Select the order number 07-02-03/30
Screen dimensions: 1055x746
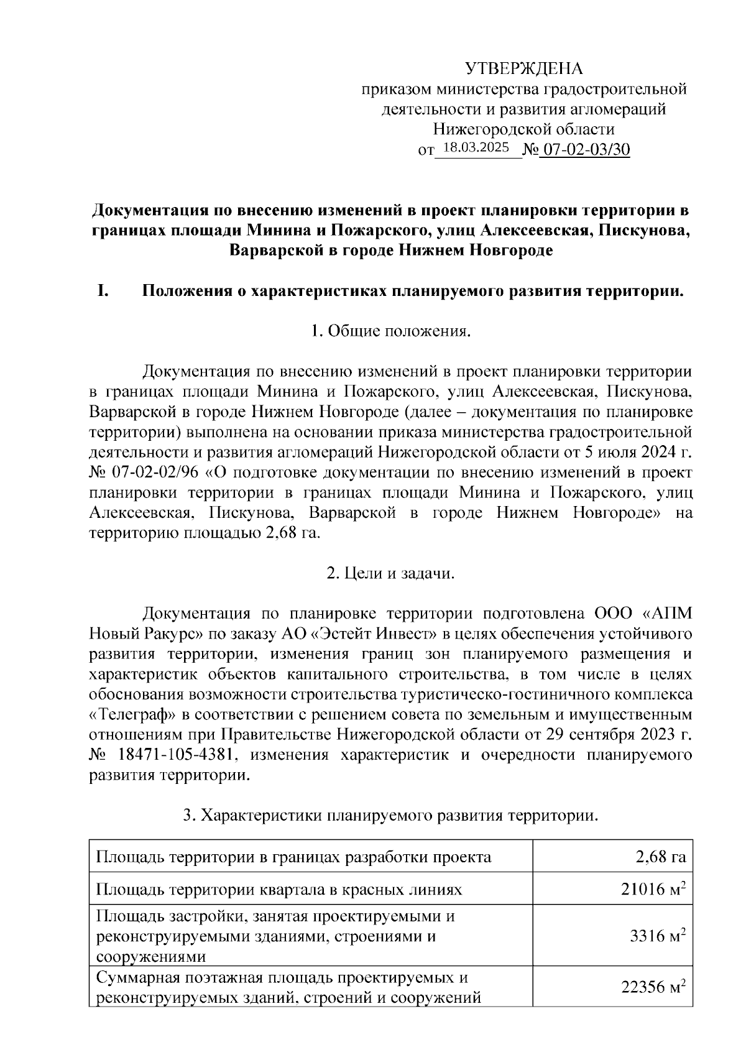(584, 150)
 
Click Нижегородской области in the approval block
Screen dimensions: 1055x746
(523, 129)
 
